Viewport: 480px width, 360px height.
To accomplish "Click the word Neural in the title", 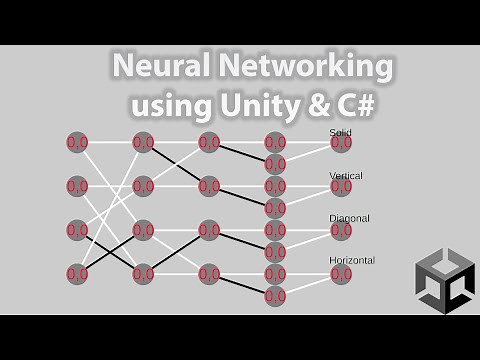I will pos(161,67).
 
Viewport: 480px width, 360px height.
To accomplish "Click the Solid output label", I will pos(340,132).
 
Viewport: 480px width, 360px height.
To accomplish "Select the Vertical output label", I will pos(346,175).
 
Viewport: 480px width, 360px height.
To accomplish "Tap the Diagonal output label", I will pos(349,218).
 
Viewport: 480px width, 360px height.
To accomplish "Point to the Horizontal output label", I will pos(352,260).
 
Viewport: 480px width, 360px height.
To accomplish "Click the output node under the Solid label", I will pos(341,143).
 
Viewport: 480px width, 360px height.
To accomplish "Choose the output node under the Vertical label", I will pos(341,187).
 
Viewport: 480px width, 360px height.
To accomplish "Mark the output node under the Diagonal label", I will pos(341,230).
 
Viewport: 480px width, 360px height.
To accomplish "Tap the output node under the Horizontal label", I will pos(341,273).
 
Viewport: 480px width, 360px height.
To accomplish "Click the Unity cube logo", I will pos(443,280).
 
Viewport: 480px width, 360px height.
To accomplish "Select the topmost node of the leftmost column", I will pos(77,143).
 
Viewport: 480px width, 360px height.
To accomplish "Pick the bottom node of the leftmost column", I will pos(77,273).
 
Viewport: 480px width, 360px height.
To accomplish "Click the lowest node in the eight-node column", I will pos(275,295).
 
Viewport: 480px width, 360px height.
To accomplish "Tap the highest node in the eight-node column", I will pos(275,143).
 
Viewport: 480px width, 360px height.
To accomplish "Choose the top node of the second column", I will pos(143,143).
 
